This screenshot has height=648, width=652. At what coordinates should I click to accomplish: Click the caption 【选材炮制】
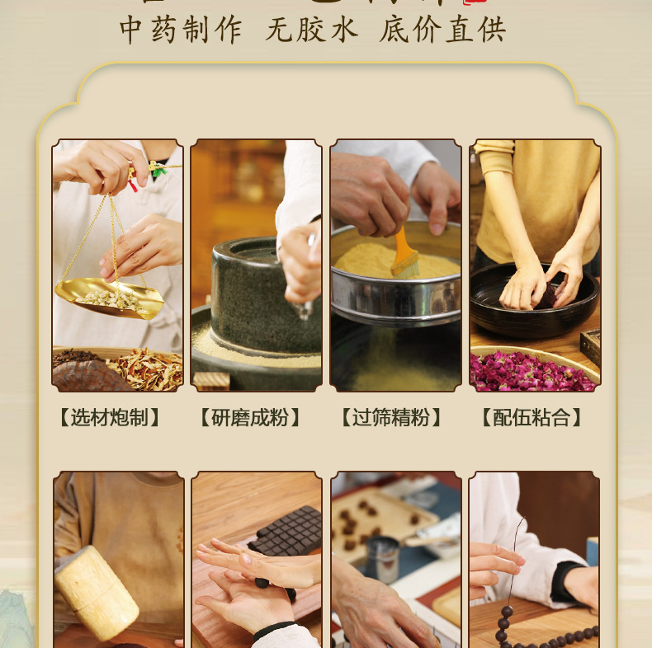110,418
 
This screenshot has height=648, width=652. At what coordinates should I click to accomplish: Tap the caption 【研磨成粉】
250,418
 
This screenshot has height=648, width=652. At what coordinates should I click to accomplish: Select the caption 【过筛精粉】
391,418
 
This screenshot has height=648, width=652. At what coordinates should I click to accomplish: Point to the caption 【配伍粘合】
532,418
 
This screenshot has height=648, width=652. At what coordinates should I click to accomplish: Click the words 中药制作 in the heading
182,30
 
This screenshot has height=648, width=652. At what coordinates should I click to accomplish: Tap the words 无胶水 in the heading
312,30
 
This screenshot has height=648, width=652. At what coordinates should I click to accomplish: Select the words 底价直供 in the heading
443,30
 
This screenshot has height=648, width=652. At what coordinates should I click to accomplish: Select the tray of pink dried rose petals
532,370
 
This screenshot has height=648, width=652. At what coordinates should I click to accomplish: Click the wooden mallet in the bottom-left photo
96,593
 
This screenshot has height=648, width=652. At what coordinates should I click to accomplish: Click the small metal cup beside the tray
382,559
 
